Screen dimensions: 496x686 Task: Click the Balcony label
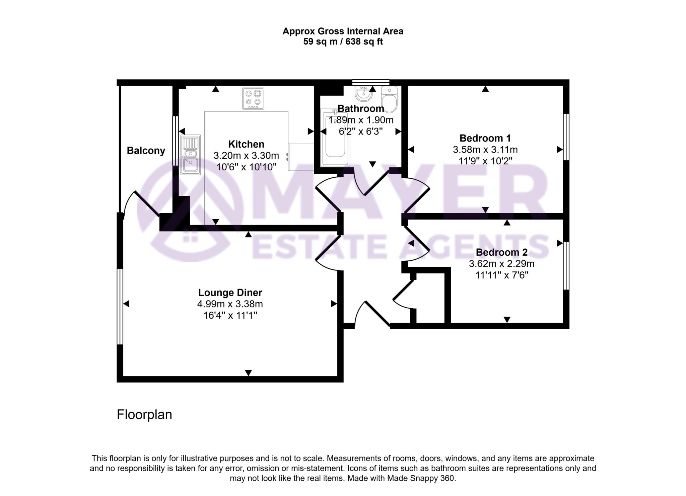(x=146, y=151)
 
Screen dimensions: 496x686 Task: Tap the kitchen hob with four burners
(x=253, y=98)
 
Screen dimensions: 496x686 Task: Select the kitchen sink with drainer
(x=190, y=155)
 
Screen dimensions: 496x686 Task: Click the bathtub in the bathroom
(x=335, y=138)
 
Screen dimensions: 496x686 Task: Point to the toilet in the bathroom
(x=389, y=100)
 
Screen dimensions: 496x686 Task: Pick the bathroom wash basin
(x=363, y=93)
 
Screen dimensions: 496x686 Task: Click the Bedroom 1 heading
(x=485, y=138)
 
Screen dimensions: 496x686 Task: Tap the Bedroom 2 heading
(x=501, y=252)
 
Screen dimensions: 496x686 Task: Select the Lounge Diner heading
(x=230, y=293)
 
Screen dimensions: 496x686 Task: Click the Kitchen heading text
(x=246, y=144)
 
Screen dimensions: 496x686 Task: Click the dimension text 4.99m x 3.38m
(x=230, y=304)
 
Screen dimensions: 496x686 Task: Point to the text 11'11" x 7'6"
(x=501, y=275)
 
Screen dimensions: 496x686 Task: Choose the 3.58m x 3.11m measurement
(x=485, y=150)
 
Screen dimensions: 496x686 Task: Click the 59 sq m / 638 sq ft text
(x=343, y=42)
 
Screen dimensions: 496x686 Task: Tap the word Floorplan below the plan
(x=144, y=415)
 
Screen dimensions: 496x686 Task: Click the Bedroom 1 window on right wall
(x=566, y=137)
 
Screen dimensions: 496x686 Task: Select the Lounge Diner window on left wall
(x=120, y=306)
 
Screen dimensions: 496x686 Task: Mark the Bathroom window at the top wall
(x=370, y=82)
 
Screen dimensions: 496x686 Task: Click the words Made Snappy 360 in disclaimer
(x=421, y=478)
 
